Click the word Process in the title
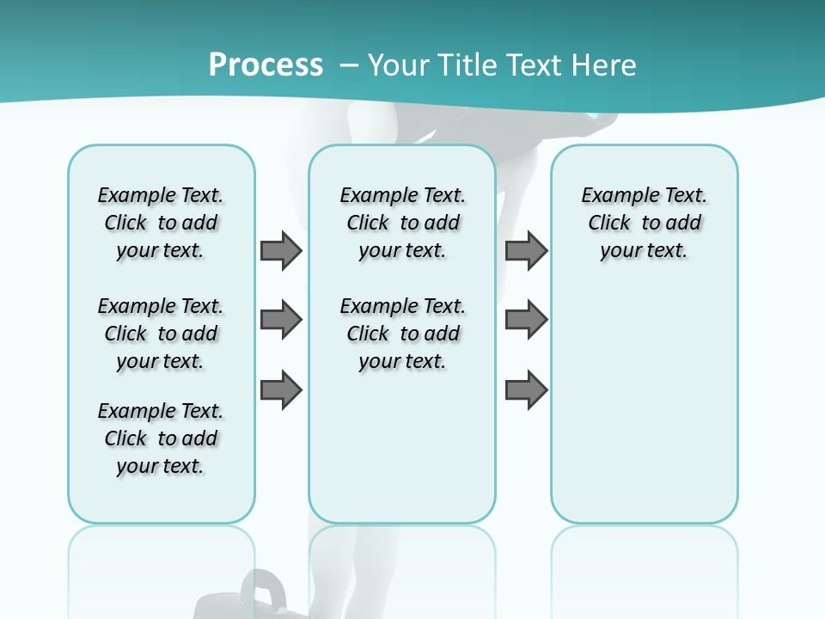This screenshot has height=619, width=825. click(266, 64)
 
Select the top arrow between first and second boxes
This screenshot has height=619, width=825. click(281, 250)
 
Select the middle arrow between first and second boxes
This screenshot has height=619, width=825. click(281, 320)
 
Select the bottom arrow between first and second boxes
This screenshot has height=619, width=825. click(281, 390)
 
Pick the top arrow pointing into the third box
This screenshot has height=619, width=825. click(526, 250)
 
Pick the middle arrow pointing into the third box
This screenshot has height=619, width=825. click(526, 320)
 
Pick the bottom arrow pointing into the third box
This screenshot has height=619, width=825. click(526, 390)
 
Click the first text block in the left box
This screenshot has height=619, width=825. click(161, 223)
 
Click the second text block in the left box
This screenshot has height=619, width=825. click(161, 334)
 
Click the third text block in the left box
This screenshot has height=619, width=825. click(161, 438)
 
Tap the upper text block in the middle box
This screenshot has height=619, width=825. click(402, 223)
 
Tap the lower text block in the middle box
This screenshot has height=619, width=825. click(402, 334)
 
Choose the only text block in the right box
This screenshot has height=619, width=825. click(644, 223)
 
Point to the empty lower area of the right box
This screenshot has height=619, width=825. click(644, 413)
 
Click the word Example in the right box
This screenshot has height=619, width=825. click(613, 196)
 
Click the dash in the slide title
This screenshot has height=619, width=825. click(348, 65)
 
